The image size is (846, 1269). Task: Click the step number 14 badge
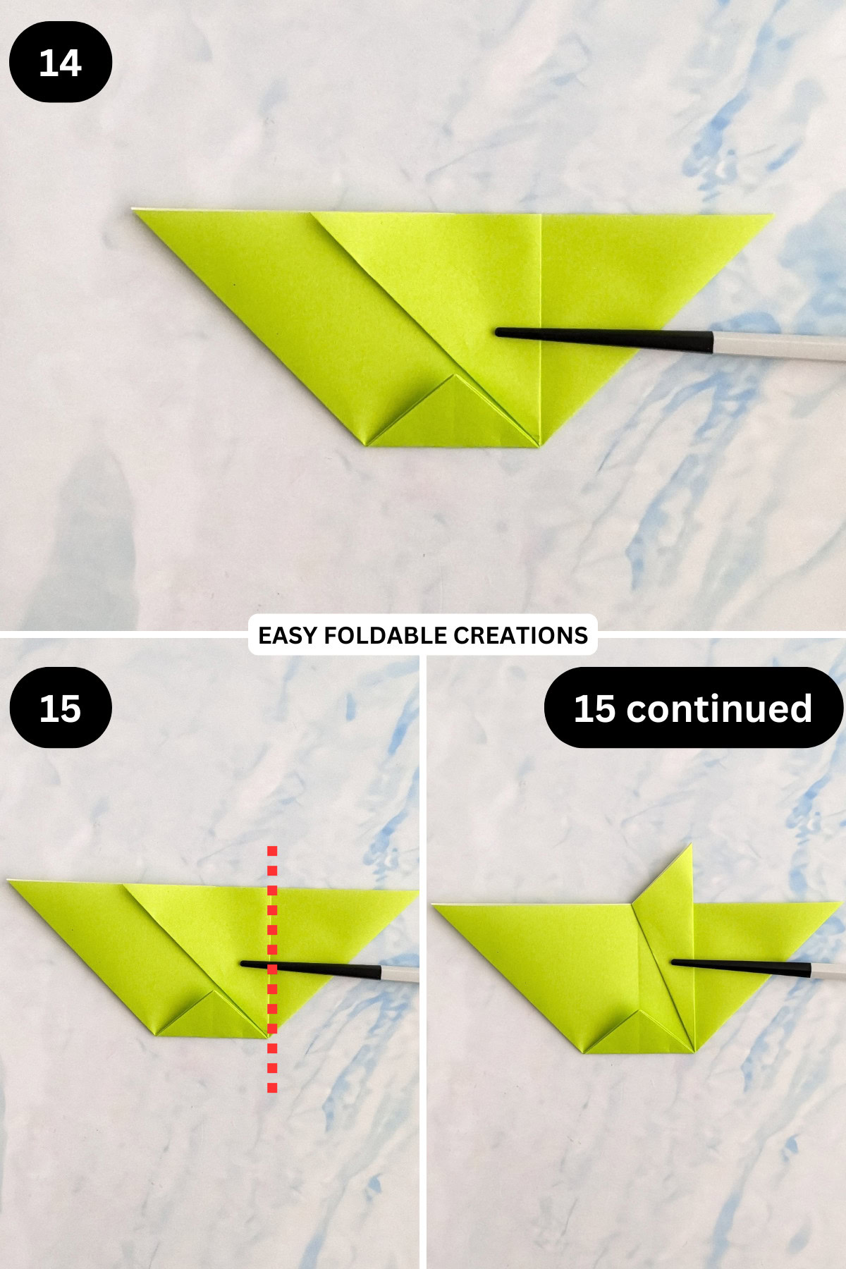(61, 62)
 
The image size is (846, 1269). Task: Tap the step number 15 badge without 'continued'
(61, 708)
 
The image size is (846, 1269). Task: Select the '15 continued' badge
(693, 708)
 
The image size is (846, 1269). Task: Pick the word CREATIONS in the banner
(520, 635)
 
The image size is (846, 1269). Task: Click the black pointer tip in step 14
(499, 331)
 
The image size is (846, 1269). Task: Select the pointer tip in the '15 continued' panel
(674, 962)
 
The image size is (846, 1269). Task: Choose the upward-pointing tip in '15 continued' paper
(689, 846)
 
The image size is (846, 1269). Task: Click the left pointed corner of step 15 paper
(10, 881)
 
